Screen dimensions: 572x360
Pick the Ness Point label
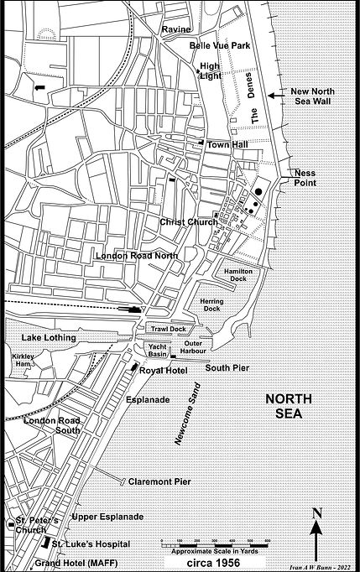pyautogui.click(x=304, y=178)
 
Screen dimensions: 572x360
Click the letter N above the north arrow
pyautogui.click(x=317, y=514)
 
